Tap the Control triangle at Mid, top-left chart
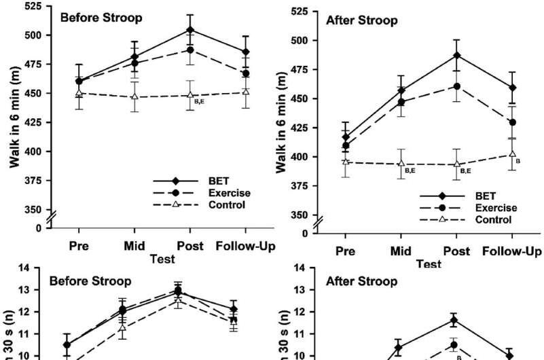coord(134,96)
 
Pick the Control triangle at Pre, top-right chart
coord(346,162)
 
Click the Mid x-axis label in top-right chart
coord(401,251)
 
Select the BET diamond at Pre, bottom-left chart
coord(67,344)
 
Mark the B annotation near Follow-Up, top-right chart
coord(518,161)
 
